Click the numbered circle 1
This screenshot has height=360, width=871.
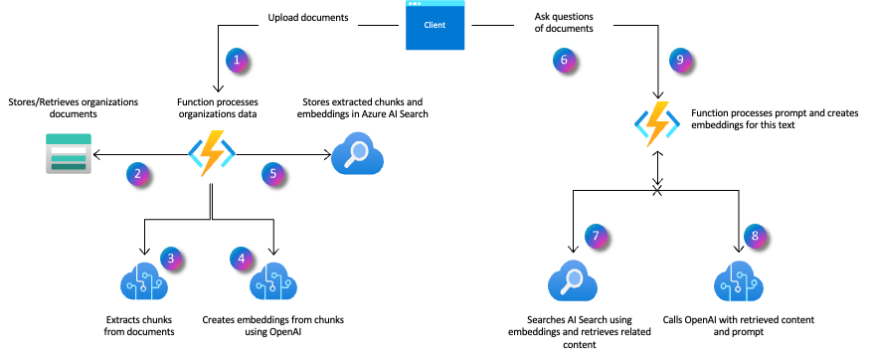[x=237, y=60]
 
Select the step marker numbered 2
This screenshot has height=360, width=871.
[x=138, y=174]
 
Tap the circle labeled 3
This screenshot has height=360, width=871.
[x=171, y=259]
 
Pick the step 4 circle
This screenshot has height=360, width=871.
[x=241, y=259]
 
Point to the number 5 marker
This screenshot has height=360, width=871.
[x=273, y=174]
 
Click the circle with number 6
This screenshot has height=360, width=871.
[x=565, y=60]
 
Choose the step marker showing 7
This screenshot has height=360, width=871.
[x=596, y=236]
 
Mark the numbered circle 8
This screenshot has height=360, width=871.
[x=756, y=236]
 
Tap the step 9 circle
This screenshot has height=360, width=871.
[x=680, y=60]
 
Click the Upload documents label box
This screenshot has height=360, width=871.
[x=308, y=25]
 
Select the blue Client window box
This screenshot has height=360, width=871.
[x=435, y=26]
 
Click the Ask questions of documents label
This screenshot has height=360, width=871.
[x=564, y=25]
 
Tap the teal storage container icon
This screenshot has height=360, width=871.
[x=69, y=153]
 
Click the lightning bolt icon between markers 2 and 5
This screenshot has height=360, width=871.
[x=212, y=153]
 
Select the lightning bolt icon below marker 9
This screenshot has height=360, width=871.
[x=657, y=123]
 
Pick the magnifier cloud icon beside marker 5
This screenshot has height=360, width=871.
[x=357, y=154]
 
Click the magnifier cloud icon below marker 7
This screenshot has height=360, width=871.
[x=573, y=281]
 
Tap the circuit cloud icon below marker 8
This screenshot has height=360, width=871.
[x=739, y=281]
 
